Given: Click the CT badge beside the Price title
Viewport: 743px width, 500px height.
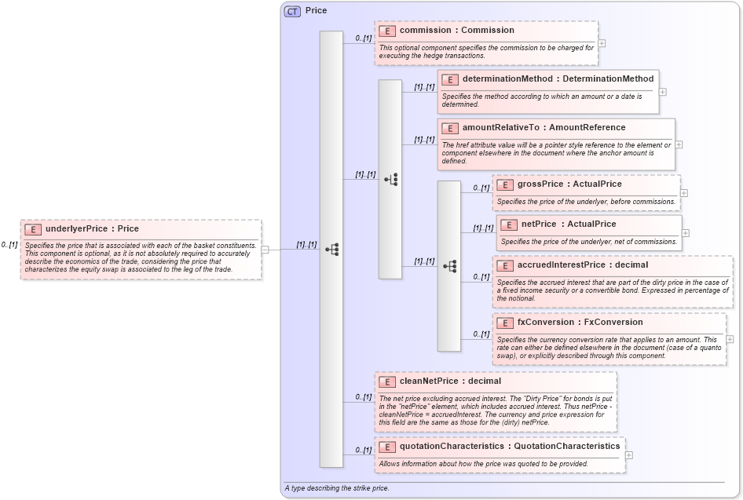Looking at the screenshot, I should click(x=292, y=11).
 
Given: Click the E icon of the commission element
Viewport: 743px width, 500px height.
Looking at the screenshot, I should click(x=386, y=31).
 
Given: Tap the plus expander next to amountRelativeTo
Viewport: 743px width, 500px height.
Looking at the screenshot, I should click(x=679, y=144).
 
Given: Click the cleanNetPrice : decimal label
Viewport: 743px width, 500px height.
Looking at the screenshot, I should click(x=450, y=381).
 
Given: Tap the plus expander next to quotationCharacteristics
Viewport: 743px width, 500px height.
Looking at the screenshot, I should click(x=629, y=455).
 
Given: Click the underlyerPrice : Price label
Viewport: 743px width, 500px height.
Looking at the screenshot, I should click(x=92, y=229).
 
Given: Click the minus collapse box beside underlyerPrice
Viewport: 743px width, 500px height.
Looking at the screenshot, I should click(x=265, y=250).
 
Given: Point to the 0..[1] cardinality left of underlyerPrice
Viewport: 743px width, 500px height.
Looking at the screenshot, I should click(x=9, y=245).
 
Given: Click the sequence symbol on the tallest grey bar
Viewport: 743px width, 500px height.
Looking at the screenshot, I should click(x=331, y=250).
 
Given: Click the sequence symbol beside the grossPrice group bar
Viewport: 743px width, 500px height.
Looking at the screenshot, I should click(x=450, y=266).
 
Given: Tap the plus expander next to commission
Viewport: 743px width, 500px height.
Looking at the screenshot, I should click(x=602, y=44).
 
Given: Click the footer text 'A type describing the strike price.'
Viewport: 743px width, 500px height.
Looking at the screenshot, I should click(x=337, y=489).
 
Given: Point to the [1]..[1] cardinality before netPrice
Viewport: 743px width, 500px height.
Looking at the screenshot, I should click(x=482, y=228).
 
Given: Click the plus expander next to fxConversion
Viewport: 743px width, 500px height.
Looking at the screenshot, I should click(x=730, y=339).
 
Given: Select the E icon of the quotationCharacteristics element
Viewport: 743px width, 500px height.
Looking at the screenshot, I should click(x=386, y=447).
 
